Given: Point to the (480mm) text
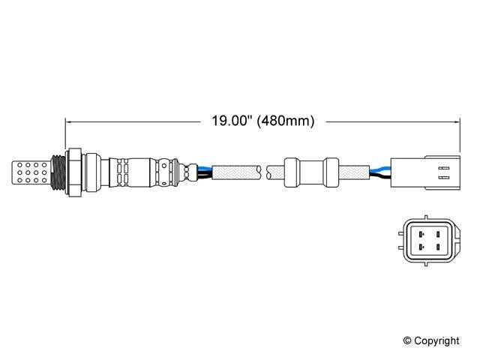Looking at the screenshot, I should [x=286, y=120].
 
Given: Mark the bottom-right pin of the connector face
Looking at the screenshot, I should [x=437, y=247].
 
